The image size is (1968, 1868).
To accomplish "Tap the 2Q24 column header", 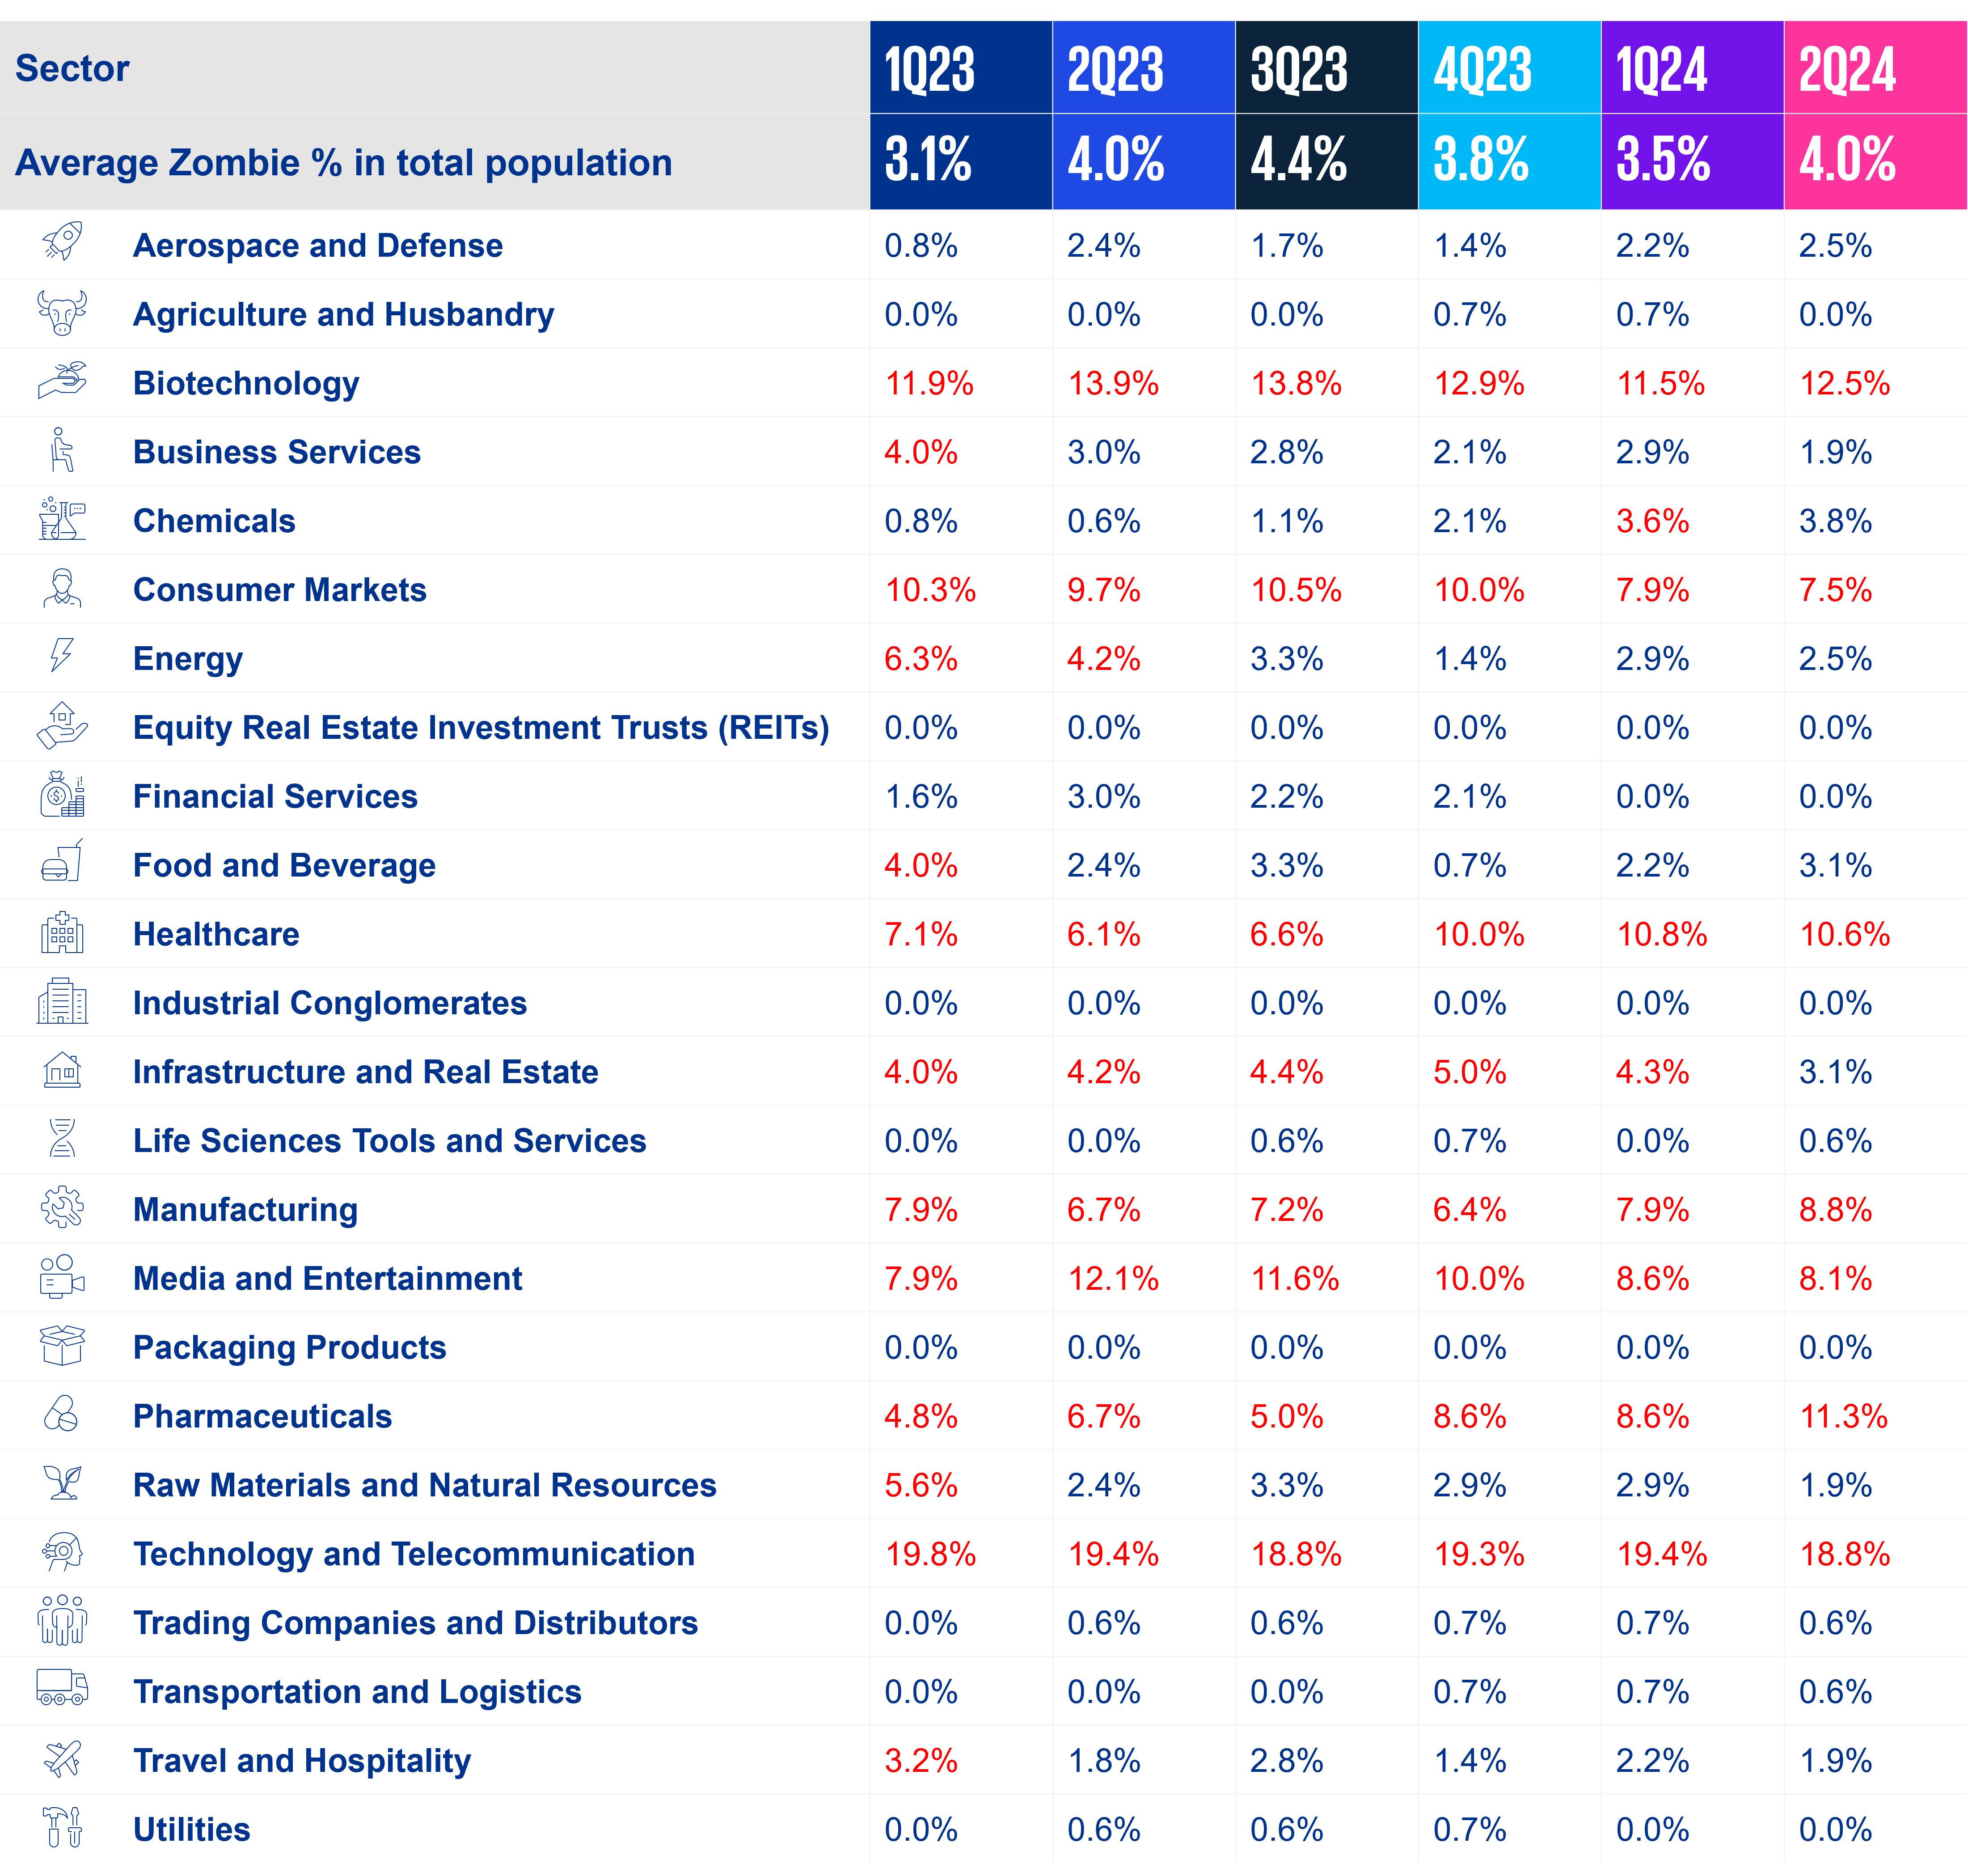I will [1846, 70].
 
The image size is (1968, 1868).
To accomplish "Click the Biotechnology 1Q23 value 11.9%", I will [929, 383].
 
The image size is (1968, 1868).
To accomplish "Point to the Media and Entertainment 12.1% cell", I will [1113, 1279].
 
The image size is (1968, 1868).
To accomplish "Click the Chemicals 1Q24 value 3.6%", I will [1652, 521].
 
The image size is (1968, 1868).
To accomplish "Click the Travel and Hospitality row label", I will [302, 1761].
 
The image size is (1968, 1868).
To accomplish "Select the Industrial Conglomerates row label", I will [329, 1003].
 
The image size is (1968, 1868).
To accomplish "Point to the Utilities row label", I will [191, 1829].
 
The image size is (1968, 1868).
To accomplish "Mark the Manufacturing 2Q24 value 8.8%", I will [1835, 1210].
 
